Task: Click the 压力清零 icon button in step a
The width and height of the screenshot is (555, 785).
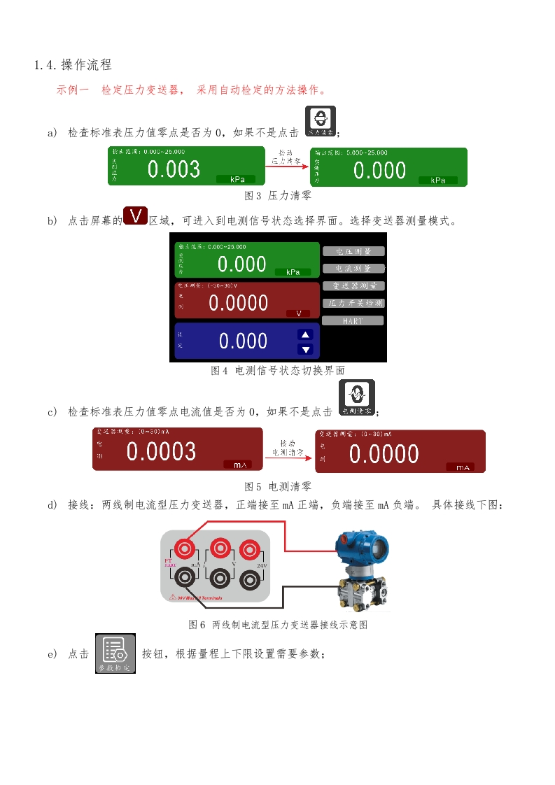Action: [x=321, y=121]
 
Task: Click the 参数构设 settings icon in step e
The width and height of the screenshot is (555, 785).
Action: [x=115, y=654]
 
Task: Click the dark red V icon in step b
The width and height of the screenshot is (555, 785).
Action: [x=135, y=215]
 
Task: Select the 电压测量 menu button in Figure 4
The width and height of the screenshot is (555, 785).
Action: [x=353, y=251]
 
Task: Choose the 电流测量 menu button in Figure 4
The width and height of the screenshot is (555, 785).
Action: [x=353, y=268]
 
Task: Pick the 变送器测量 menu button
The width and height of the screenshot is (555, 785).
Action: [x=353, y=285]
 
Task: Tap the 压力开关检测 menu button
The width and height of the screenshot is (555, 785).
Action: [x=353, y=303]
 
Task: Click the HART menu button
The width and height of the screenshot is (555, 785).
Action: [x=353, y=320]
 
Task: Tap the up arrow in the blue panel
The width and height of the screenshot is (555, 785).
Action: [x=305, y=334]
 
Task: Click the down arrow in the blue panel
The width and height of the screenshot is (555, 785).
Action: [x=305, y=349]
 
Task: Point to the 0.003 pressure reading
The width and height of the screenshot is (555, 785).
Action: [x=174, y=169]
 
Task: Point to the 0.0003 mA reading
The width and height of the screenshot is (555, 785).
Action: [x=161, y=451]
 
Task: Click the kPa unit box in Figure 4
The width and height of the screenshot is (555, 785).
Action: [x=293, y=272]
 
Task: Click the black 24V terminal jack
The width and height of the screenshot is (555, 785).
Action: [x=251, y=579]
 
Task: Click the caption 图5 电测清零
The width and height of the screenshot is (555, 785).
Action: [x=277, y=486]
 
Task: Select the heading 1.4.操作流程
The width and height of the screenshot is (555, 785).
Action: [x=73, y=65]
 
